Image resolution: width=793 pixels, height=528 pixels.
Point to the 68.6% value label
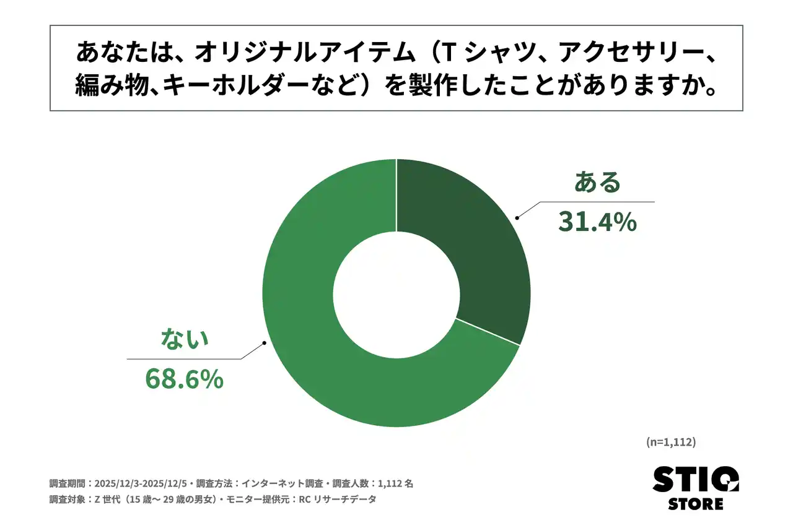(x=184, y=379)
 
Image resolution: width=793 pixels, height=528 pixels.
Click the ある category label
(x=597, y=183)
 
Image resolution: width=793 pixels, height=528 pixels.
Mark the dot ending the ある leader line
(x=517, y=217)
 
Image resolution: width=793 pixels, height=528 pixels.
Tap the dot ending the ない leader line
(x=265, y=342)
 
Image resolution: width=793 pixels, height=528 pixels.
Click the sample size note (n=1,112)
(x=671, y=442)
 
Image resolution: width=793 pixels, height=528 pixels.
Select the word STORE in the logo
(x=695, y=504)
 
